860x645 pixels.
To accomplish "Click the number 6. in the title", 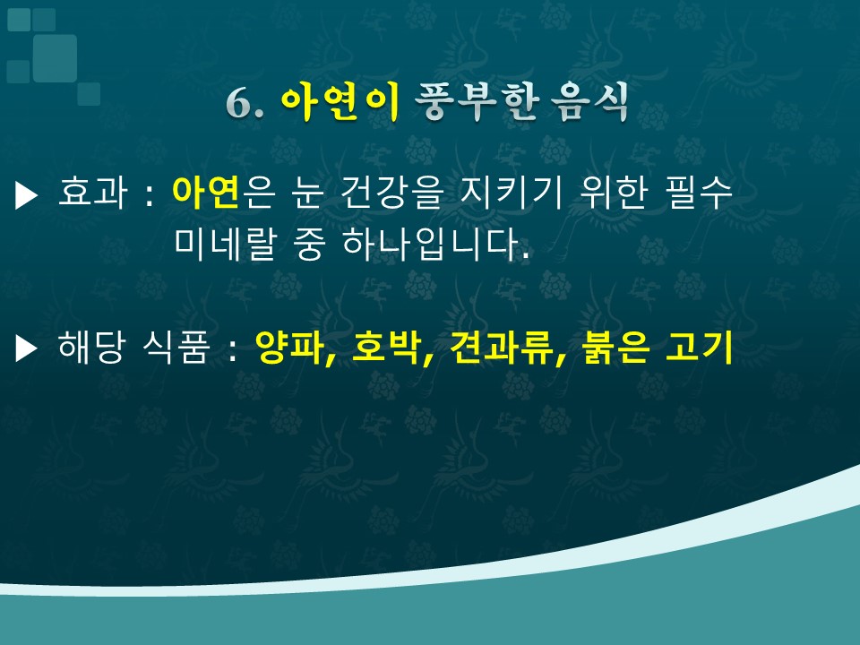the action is pos(245,102).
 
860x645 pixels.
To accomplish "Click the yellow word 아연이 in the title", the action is pos(340,101).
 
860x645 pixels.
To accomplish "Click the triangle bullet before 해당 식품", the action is pos(26,349).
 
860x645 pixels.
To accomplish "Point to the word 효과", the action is pos(92,192).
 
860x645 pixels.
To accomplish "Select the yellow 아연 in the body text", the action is pos(206,192).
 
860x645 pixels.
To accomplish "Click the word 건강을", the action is pos(391,192).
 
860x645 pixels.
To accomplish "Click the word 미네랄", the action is pos(224,244).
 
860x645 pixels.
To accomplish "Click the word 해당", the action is pos(91,347).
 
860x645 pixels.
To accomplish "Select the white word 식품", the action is pos(176,347).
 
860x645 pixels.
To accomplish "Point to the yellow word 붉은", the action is pos(616,347).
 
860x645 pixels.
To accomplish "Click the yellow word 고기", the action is pos(699,347).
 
